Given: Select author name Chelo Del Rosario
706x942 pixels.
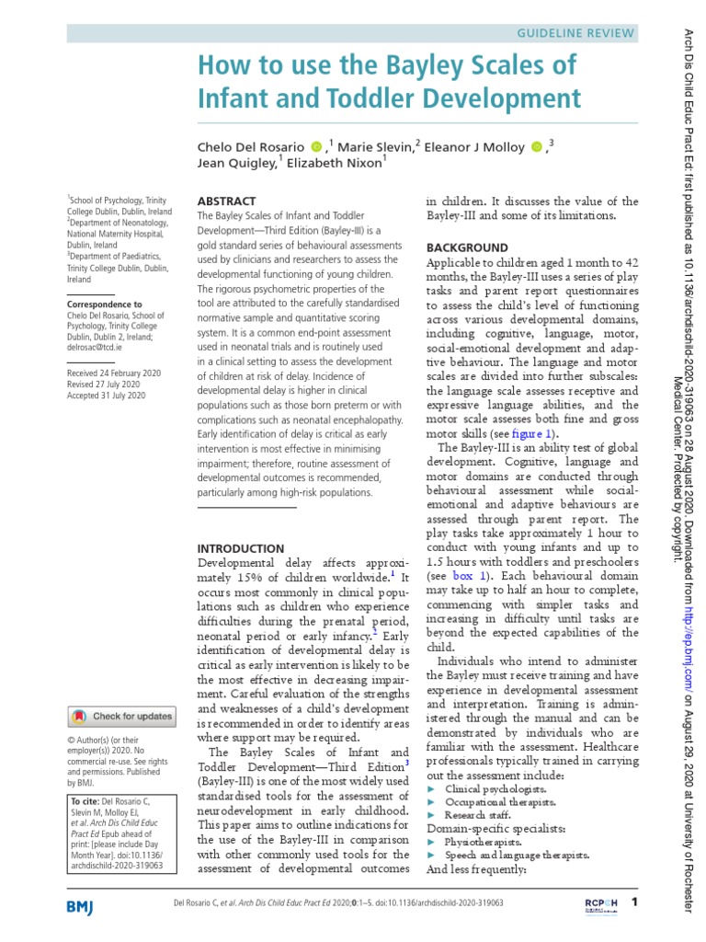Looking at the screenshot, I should coord(250,147).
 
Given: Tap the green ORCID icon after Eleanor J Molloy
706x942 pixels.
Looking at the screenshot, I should coord(536,147).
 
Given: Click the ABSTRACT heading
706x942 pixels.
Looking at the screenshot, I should coord(227,201).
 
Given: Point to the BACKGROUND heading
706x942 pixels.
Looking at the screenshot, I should coord(466,247).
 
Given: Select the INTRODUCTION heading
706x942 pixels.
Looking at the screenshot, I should coord(242,548).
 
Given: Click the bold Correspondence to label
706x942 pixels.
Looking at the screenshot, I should coord(104,304).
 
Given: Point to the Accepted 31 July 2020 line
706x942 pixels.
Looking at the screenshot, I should coord(107,396).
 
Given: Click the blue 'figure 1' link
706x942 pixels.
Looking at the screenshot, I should coord(532,433).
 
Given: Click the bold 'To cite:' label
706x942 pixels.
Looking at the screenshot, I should coord(88,801).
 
